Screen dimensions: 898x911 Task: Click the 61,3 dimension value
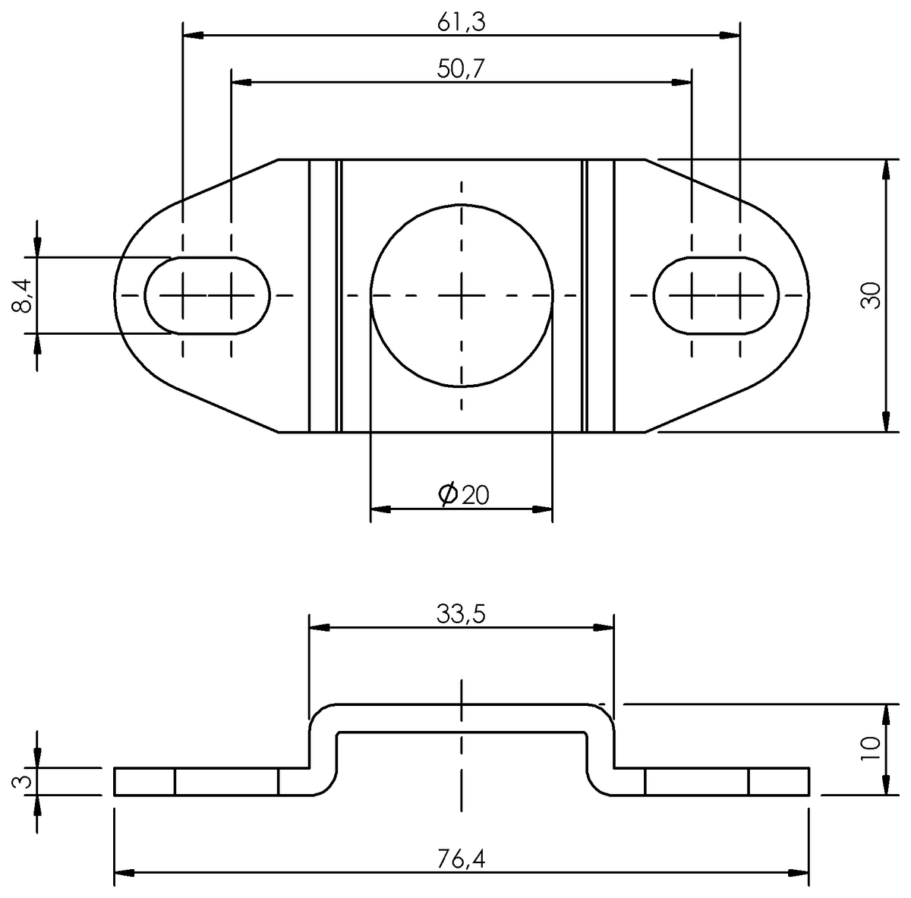coord(461,23)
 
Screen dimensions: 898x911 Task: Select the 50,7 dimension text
coord(461,69)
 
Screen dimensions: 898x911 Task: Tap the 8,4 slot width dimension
coord(22,295)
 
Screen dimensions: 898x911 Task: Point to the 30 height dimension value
coord(871,295)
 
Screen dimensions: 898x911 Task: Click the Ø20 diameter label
coord(464,495)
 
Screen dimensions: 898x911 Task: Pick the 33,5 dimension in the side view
coord(461,614)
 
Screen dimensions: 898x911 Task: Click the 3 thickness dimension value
coord(22,781)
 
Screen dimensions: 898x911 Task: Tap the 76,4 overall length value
coord(461,859)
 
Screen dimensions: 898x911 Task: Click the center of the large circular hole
coord(462,295)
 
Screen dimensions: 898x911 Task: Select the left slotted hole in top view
coord(207,295)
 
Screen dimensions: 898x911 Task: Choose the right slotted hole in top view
coord(716,295)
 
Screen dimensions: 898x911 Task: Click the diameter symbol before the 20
coord(448,494)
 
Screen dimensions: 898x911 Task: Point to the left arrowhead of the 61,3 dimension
coord(194,35)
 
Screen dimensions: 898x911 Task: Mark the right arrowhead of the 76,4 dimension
coord(799,873)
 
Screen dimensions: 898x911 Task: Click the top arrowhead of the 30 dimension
coord(886,170)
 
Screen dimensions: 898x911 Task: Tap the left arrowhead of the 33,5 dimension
coord(320,627)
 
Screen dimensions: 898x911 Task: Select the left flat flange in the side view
coord(213,782)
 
